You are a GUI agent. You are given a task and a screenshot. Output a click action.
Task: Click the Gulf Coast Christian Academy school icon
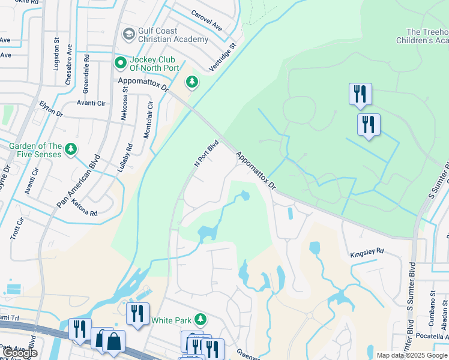pyautogui.click(x=128, y=34)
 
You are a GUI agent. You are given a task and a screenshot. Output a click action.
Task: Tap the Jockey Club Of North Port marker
pyautogui.click(x=121, y=62)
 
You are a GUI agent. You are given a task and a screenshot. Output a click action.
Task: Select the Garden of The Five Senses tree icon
pyautogui.click(x=71, y=148)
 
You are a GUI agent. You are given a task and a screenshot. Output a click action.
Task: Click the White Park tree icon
pyautogui.click(x=200, y=320)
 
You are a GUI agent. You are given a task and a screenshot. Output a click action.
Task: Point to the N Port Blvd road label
pyautogui.click(x=205, y=154)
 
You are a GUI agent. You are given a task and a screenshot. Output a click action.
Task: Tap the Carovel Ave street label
pyautogui.click(x=206, y=21)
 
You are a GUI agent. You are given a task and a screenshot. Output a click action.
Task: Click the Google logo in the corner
pyautogui.click(x=20, y=353)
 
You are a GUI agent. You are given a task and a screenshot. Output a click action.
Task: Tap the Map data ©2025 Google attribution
pyautogui.click(x=412, y=355)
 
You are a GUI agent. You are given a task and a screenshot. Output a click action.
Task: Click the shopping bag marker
pyautogui.click(x=113, y=341)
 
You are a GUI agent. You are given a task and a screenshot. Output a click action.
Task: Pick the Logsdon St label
pyautogui.click(x=57, y=54)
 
